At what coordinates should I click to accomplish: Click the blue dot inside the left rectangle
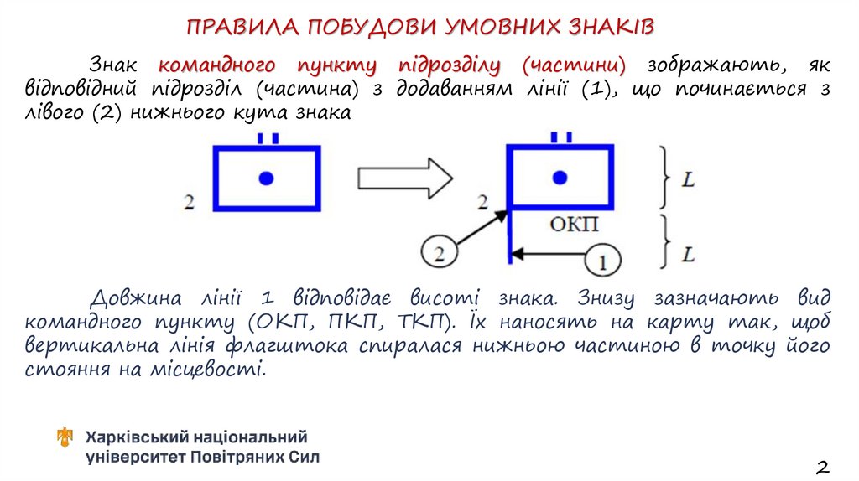click(x=267, y=177)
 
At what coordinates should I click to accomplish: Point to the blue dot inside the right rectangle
click(x=560, y=177)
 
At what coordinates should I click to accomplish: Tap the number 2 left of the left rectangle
click(x=189, y=202)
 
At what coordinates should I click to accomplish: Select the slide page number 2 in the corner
click(x=822, y=466)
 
